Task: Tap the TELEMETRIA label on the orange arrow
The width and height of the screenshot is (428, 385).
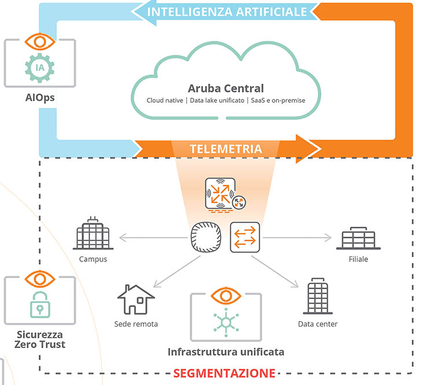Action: [226, 149]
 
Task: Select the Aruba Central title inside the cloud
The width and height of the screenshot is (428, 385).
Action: [226, 88]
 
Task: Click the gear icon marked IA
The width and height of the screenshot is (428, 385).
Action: [39, 68]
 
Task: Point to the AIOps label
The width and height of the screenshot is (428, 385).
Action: [39, 98]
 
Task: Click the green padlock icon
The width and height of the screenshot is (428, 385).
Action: [39, 304]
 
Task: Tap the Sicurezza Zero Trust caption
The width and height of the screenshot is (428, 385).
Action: [39, 339]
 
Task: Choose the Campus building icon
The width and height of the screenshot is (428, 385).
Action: [93, 236]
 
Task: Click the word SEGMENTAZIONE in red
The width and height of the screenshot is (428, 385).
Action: [225, 372]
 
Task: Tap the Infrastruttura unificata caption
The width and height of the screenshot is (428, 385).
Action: [226, 352]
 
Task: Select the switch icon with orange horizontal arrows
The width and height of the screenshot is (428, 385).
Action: [245, 237]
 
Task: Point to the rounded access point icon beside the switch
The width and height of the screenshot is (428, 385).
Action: [207, 237]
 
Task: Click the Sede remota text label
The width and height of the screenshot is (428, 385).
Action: [136, 324]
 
